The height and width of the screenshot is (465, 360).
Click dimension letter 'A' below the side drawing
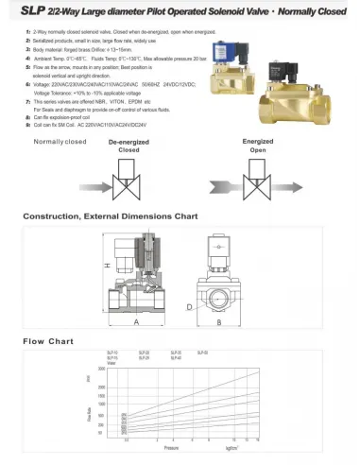tap(138, 321)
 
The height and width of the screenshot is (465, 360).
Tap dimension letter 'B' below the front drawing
tap(219, 321)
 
